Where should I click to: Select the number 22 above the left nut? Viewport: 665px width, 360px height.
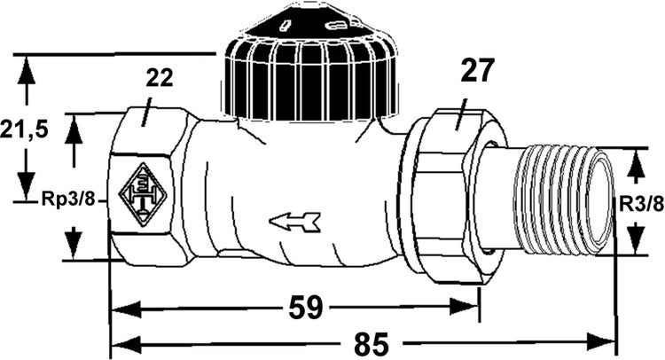[159, 79]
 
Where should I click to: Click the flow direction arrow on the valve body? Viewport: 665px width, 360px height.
[293, 221]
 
